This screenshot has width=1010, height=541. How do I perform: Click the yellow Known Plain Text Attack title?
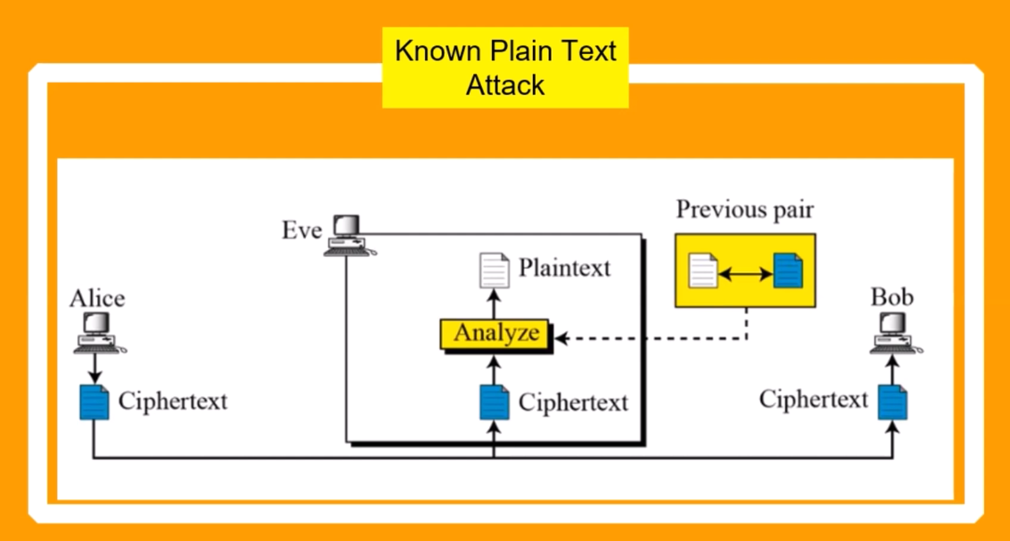(x=505, y=68)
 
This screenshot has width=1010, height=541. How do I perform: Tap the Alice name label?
(x=97, y=298)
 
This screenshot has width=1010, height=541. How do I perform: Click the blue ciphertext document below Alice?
(x=94, y=402)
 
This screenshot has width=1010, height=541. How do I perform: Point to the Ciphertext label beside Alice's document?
(x=172, y=401)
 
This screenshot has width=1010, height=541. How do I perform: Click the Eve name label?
(x=302, y=230)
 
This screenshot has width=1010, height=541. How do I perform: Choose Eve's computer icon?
(x=349, y=236)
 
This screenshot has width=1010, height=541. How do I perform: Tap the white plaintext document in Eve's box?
(x=494, y=270)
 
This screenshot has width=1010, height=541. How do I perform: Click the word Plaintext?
(x=564, y=268)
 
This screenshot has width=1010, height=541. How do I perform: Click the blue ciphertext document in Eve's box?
(x=494, y=402)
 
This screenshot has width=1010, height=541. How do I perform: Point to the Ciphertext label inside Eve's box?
(x=573, y=403)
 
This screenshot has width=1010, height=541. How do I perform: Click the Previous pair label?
(x=744, y=210)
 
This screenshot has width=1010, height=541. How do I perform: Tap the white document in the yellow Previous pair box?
(x=703, y=271)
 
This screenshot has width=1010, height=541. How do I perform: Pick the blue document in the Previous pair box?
(x=788, y=271)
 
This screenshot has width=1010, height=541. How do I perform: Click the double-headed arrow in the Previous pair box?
(x=746, y=274)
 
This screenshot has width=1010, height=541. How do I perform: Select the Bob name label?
(x=892, y=297)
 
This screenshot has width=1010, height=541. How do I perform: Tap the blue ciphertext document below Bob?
(x=892, y=402)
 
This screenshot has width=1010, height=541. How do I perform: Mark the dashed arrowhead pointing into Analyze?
(x=561, y=338)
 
